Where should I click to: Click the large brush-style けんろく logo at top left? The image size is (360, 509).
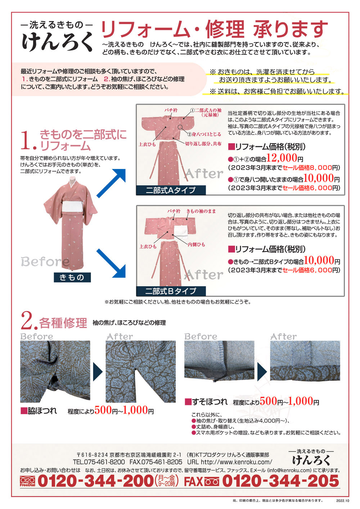click(x=57, y=41)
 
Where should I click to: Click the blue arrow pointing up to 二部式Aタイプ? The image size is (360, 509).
click(x=111, y=183)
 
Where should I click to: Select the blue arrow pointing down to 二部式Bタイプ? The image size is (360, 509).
click(x=111, y=263)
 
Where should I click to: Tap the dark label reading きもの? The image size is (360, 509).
click(x=72, y=277)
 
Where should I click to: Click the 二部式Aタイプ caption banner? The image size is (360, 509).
click(x=171, y=190)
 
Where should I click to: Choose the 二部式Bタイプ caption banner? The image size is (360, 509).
click(x=171, y=291)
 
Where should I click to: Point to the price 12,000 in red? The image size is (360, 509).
click(x=282, y=157)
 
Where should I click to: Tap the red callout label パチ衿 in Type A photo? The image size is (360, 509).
click(x=171, y=110)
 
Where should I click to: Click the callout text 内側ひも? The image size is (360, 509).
click(x=196, y=245)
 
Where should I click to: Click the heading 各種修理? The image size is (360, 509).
click(x=63, y=323)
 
